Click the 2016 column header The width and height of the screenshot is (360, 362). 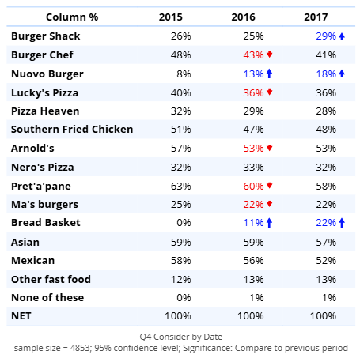[x=243, y=17]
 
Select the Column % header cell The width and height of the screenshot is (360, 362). [x=72, y=17]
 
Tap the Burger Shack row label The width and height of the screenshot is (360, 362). [x=45, y=36]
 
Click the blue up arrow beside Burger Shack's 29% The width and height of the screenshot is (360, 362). [x=342, y=36]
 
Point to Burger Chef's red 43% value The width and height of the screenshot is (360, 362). [x=253, y=55]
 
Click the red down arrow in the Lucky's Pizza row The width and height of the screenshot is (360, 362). [x=269, y=92]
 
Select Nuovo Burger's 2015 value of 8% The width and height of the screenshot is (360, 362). [x=184, y=74]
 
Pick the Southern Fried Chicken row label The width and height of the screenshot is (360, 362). [x=72, y=130]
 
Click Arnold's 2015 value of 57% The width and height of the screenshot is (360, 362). [x=180, y=149]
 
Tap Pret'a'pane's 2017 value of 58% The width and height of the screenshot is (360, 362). [x=326, y=187]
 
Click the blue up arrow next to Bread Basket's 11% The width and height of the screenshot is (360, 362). [x=269, y=223]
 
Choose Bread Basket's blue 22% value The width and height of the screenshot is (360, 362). [x=326, y=223]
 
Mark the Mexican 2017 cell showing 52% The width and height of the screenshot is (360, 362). [x=326, y=261]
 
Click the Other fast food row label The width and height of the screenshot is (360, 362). [x=51, y=279]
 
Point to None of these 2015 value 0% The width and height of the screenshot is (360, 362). [x=184, y=298]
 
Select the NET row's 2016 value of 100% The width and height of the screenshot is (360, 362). [x=250, y=316]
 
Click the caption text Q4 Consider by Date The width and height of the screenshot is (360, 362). [x=181, y=337]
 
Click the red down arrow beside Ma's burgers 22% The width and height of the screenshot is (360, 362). [x=269, y=204]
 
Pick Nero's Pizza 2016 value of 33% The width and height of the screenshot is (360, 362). [x=253, y=168]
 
